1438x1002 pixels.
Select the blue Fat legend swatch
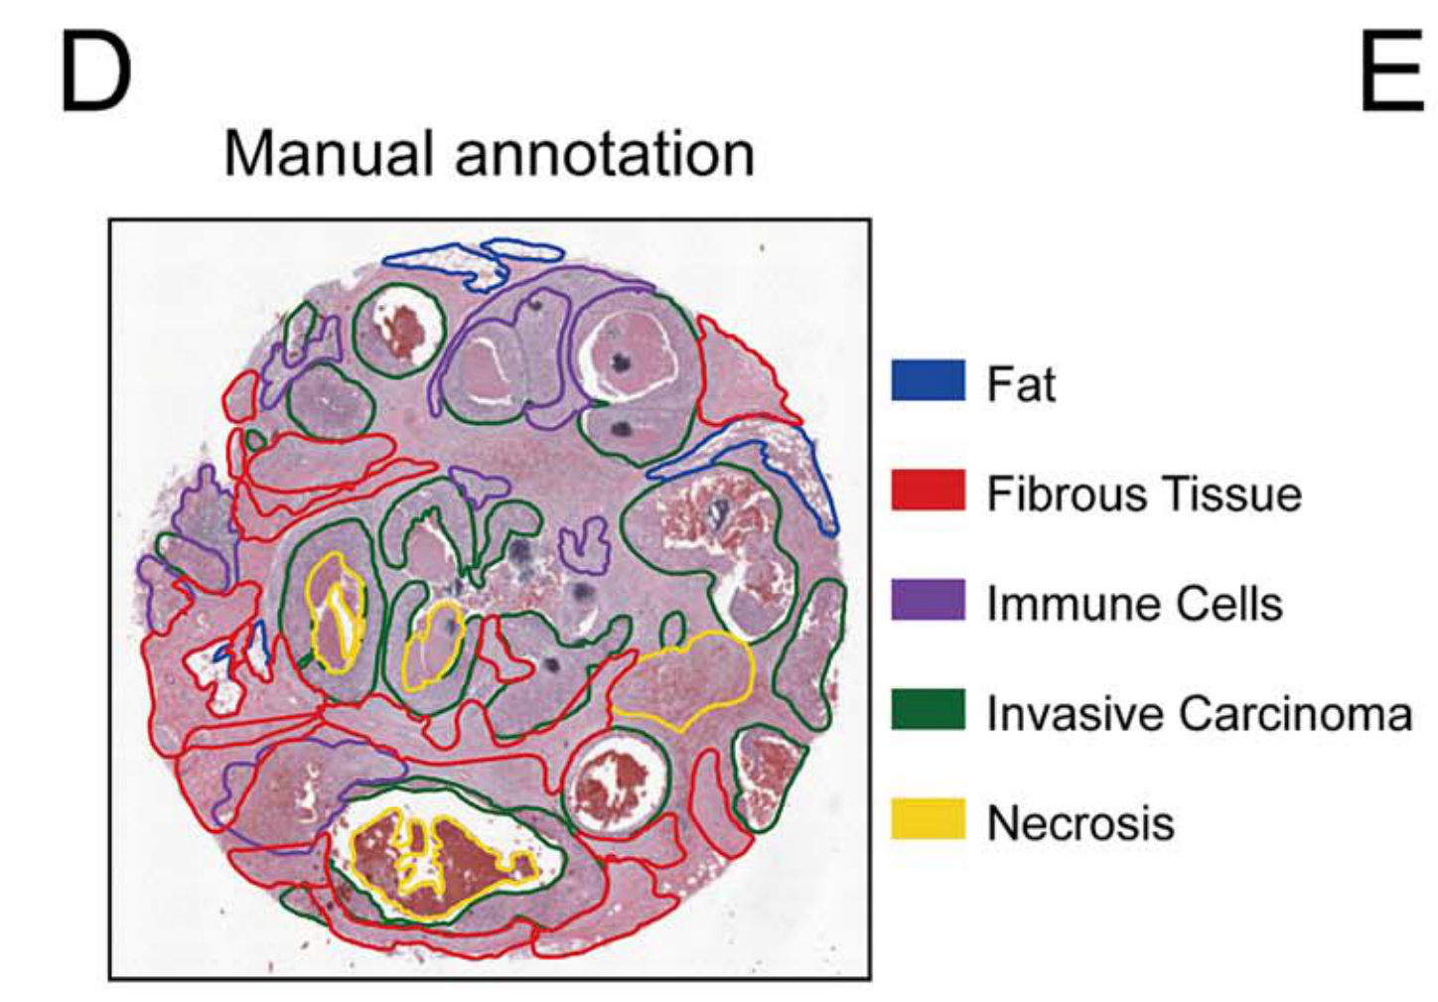928,381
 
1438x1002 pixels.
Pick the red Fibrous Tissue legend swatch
928,491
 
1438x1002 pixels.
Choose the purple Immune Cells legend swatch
928,601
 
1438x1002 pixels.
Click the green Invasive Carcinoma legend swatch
928,711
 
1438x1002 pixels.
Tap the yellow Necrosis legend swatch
928,820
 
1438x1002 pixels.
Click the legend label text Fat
1020,383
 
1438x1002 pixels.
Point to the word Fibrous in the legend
1061,494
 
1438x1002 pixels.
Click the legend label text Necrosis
1079,823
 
